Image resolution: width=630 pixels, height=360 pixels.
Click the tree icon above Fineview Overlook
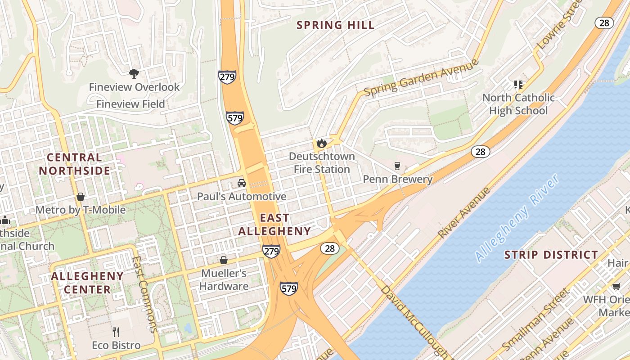pyautogui.click(x=134, y=73)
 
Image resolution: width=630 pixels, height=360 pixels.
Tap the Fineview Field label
pyautogui.click(x=130, y=104)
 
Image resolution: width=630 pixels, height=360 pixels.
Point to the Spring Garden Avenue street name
pyautogui.click(x=421, y=78)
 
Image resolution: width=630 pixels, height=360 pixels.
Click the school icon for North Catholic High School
pyautogui.click(x=518, y=85)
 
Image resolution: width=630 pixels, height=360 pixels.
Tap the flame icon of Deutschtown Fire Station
pyautogui.click(x=321, y=144)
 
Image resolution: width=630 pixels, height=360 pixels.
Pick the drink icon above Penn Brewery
pyautogui.click(x=397, y=166)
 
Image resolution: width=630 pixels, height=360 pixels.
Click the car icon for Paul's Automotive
pyautogui.click(x=242, y=183)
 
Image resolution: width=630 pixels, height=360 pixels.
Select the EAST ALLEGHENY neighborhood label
pyautogui.click(x=274, y=225)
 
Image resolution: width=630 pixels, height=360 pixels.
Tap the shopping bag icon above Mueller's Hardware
pyautogui.click(x=224, y=260)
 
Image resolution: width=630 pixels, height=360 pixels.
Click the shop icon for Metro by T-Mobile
pyautogui.click(x=81, y=197)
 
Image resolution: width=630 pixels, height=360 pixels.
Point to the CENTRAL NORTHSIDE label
pyautogui.click(x=74, y=164)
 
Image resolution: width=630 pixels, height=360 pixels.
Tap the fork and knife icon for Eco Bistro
pyautogui.click(x=116, y=332)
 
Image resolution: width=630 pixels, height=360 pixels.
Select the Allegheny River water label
pyautogui.click(x=517, y=217)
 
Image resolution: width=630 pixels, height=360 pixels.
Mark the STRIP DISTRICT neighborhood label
pyautogui.click(x=551, y=255)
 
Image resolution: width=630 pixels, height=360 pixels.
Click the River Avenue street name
pyautogui.click(x=463, y=213)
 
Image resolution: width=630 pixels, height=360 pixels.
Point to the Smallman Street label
pyautogui.click(x=535, y=319)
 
